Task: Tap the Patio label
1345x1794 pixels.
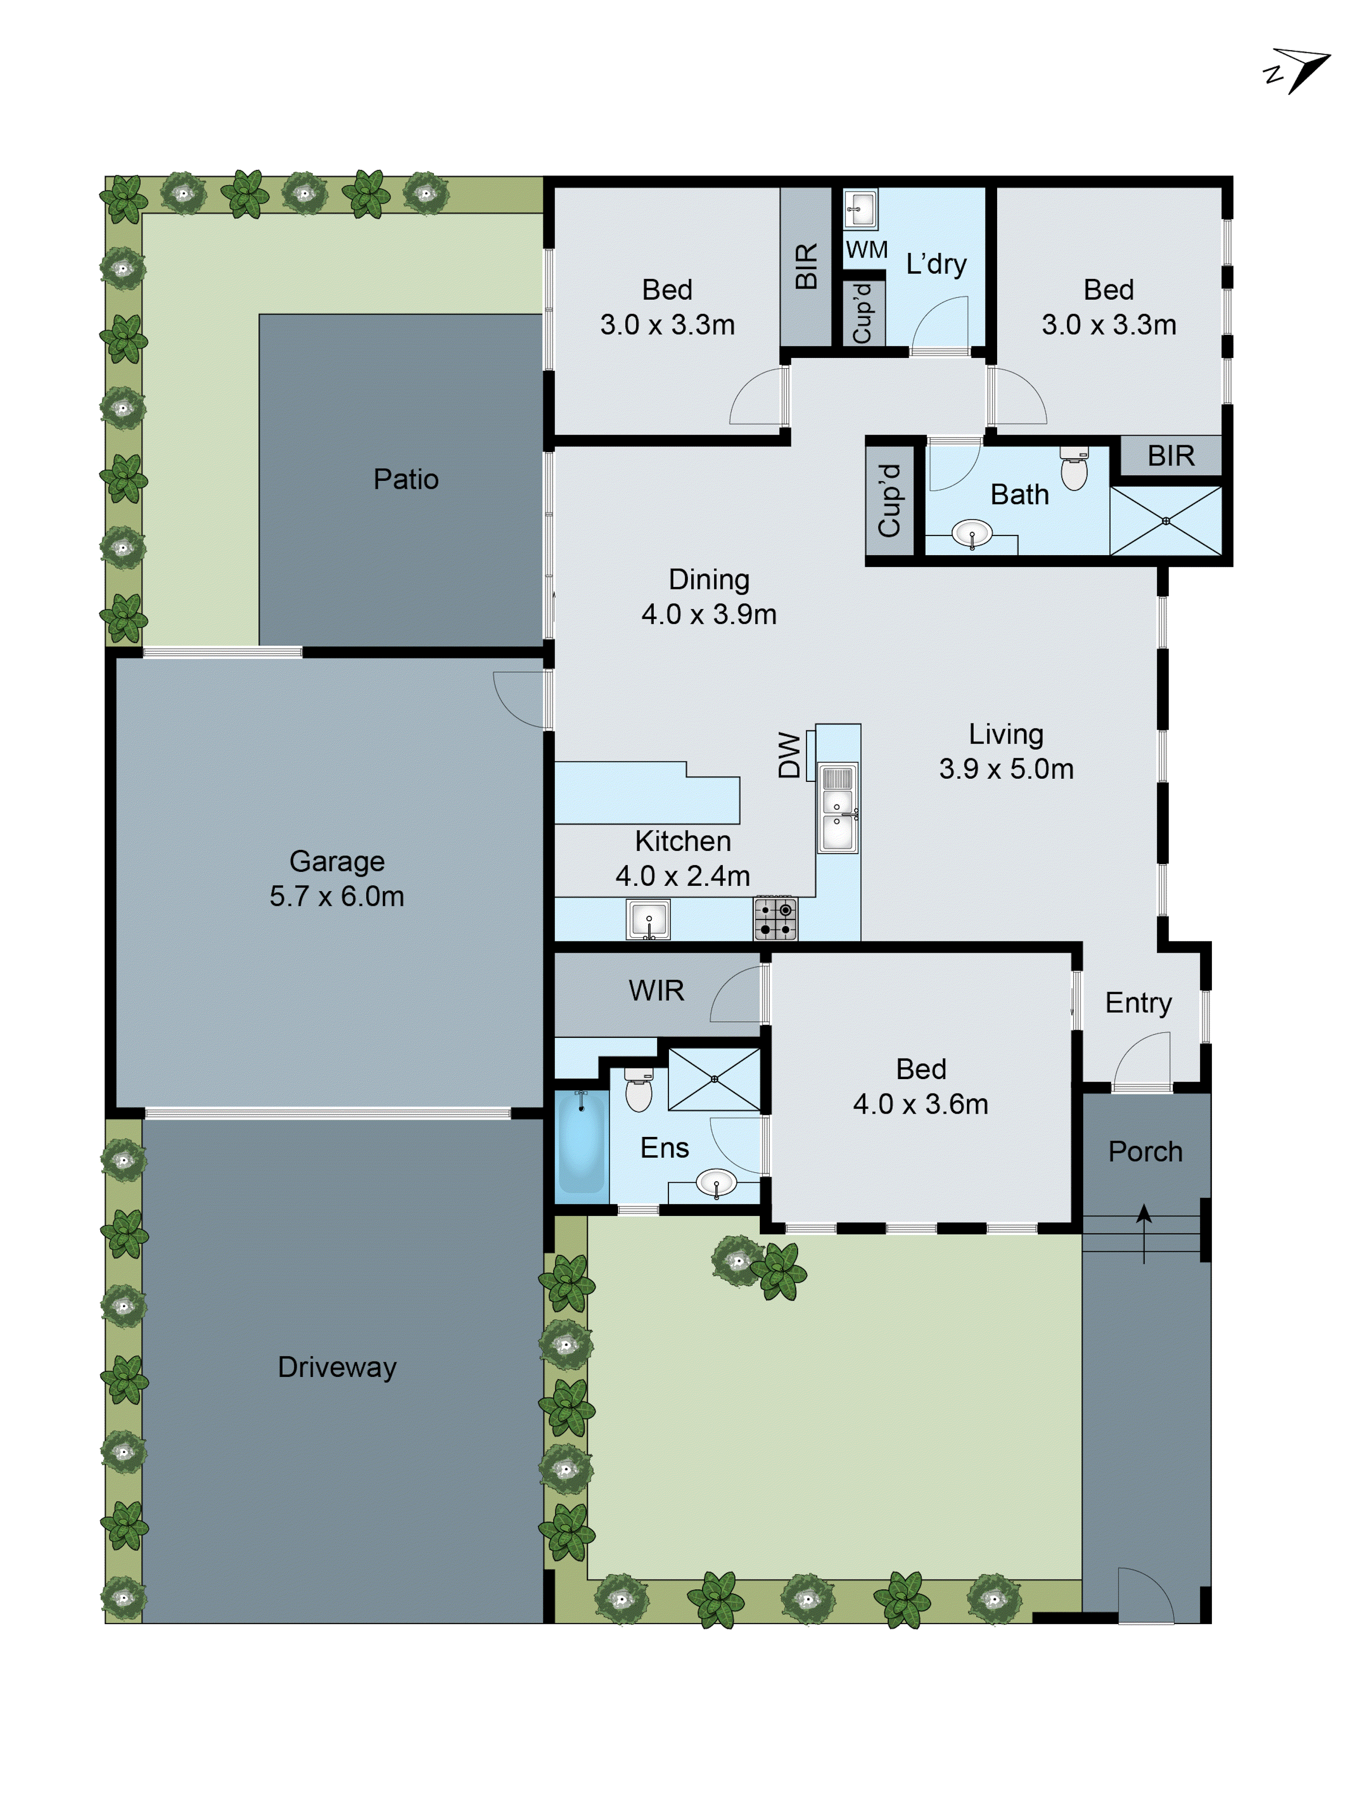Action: click(x=405, y=479)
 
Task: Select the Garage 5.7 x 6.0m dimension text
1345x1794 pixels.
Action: click(x=336, y=896)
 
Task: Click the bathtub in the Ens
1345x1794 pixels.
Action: click(x=581, y=1145)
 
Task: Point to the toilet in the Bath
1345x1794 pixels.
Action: click(x=1074, y=470)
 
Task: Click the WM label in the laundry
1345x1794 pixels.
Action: click(x=866, y=250)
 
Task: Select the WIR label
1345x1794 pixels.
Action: click(x=656, y=990)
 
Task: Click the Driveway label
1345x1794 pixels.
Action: click(x=336, y=1367)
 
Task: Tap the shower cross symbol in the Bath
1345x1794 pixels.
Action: click(x=1165, y=521)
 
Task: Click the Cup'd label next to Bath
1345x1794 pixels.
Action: click(x=889, y=501)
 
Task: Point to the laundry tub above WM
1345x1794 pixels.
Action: click(x=860, y=210)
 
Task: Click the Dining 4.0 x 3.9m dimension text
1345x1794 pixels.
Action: click(x=708, y=614)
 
